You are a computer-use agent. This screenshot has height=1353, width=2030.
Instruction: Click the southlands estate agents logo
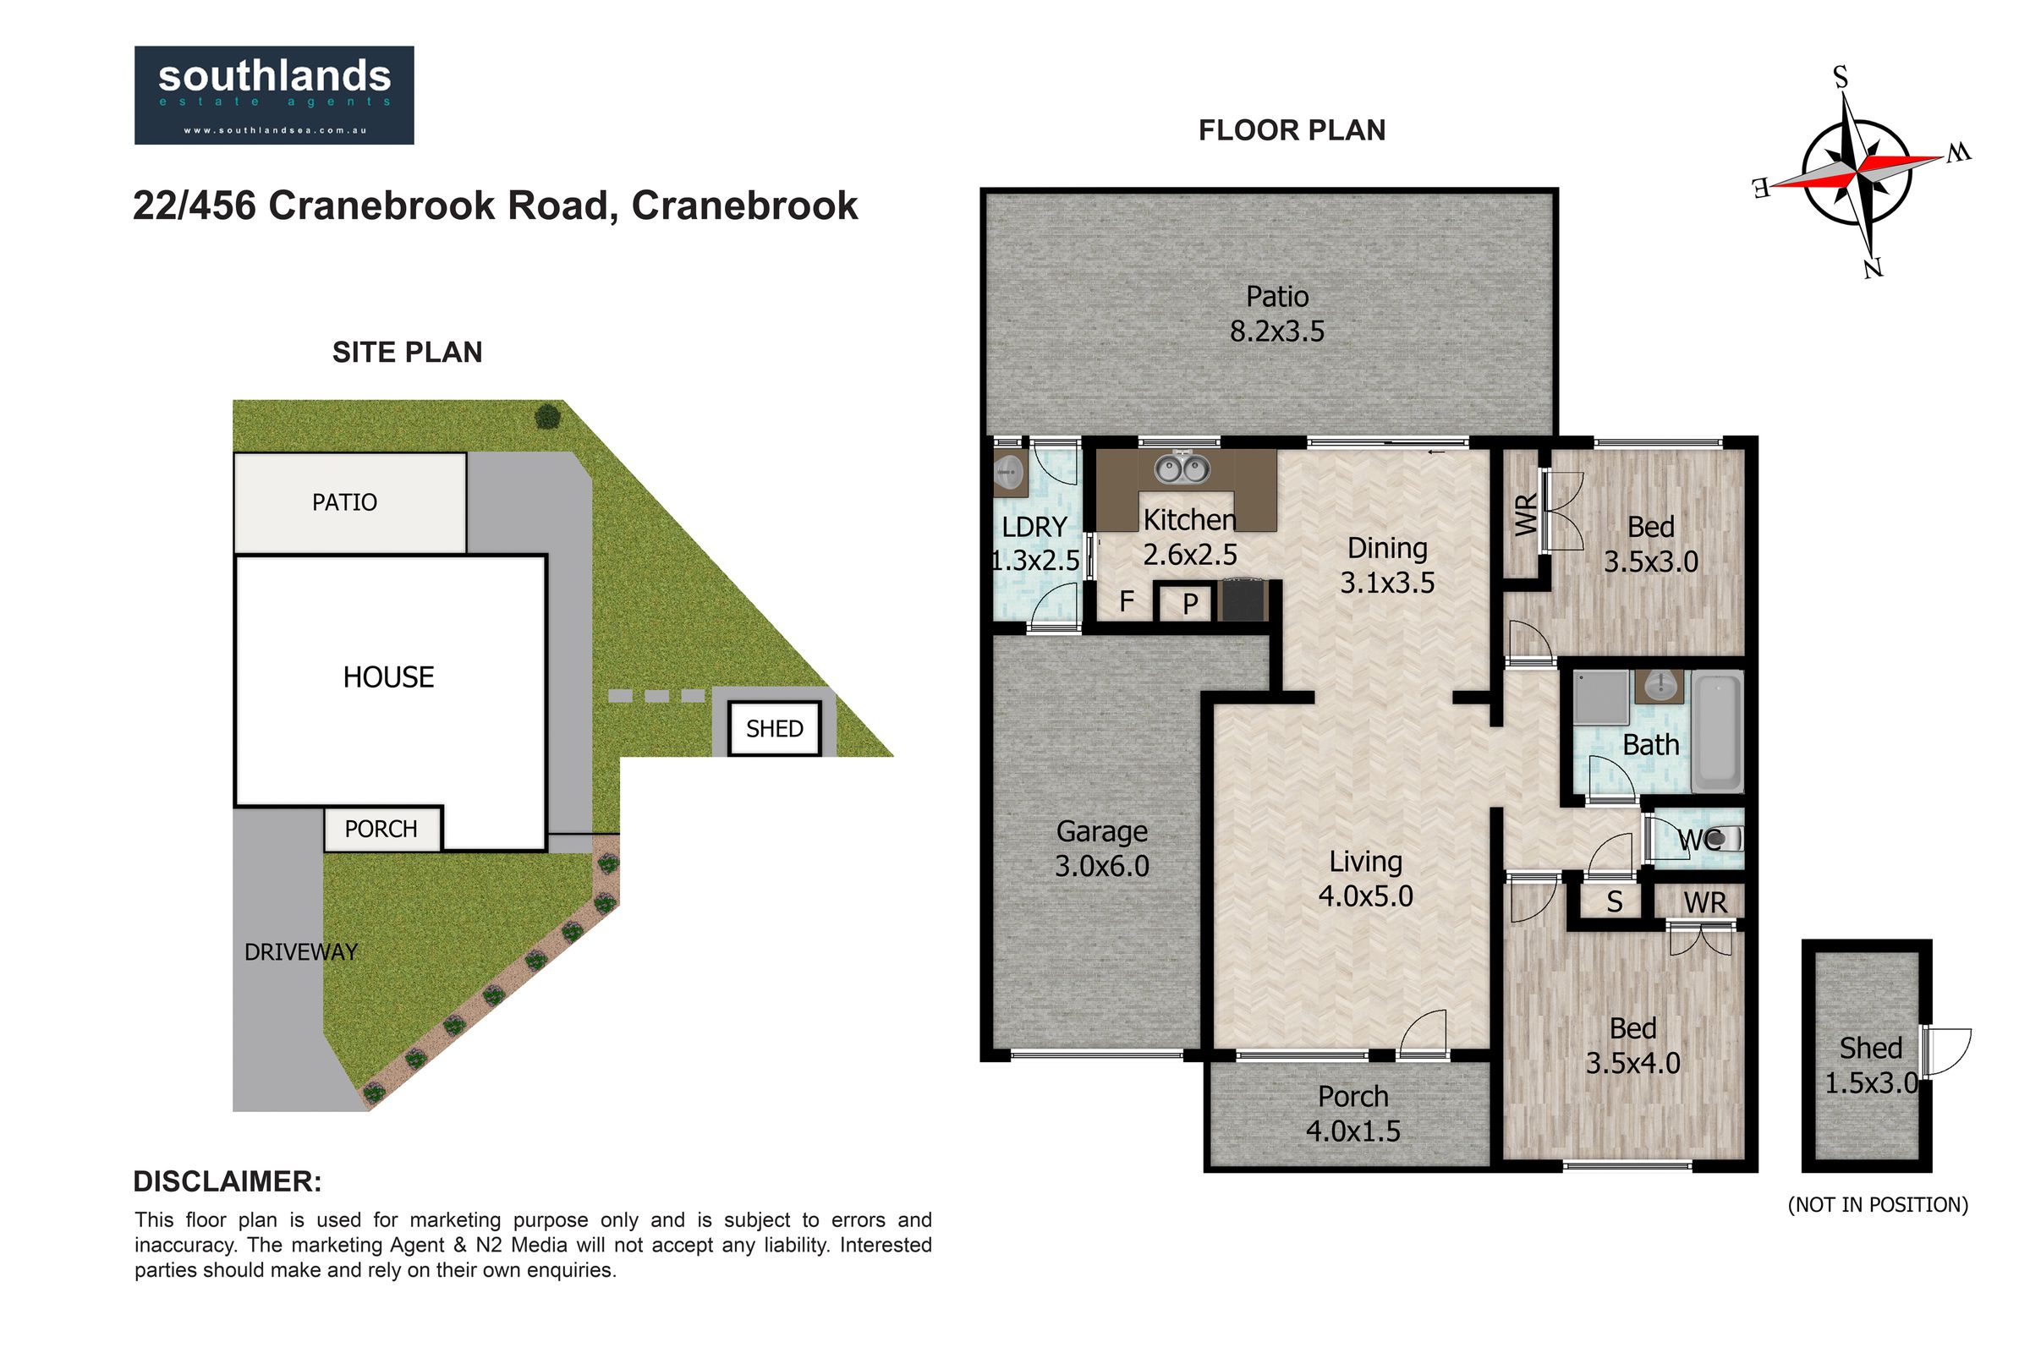273,95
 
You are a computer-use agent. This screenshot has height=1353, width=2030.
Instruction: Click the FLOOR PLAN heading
1292,130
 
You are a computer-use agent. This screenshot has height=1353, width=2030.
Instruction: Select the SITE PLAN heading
408,352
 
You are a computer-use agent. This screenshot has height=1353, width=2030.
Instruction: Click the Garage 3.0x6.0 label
1102,848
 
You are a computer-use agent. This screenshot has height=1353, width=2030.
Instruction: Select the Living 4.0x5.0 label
1365,879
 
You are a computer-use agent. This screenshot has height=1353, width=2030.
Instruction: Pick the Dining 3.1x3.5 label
1387,565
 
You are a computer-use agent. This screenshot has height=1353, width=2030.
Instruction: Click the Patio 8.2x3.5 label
1277,313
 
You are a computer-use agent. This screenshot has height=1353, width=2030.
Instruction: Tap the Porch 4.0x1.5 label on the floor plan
1352,1113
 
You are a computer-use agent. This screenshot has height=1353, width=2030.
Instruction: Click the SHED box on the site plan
774,729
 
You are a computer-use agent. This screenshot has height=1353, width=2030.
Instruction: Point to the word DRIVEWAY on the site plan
300,952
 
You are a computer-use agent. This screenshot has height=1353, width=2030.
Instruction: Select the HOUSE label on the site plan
388,677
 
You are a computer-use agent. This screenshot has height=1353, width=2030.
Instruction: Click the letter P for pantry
1190,604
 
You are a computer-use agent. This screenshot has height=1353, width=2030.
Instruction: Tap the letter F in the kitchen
1127,601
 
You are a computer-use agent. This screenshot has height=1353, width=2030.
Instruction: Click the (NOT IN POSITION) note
1878,1204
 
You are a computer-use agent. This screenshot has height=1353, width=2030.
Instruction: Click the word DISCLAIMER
227,1181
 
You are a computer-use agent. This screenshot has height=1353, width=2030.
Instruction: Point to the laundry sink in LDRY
1008,472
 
